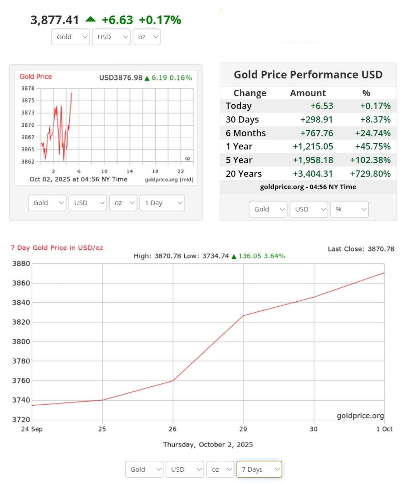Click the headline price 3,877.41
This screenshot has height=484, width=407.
(55, 20)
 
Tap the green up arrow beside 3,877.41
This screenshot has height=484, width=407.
(91, 19)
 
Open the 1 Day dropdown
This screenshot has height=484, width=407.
(162, 203)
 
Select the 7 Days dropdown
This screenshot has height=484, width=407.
(259, 469)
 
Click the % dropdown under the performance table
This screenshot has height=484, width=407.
(349, 209)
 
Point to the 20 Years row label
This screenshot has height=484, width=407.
(244, 174)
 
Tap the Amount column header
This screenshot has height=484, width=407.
(308, 93)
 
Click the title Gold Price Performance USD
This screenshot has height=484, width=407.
(308, 75)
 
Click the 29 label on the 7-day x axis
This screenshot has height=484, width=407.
(243, 429)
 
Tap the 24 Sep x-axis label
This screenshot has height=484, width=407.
(32, 429)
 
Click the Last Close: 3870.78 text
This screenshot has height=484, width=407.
(361, 249)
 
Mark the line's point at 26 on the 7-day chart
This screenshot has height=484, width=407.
(173, 381)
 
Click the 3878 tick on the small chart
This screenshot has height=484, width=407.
(28, 88)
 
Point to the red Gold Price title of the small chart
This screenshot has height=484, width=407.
(36, 77)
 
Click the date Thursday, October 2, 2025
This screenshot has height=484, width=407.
(208, 444)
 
